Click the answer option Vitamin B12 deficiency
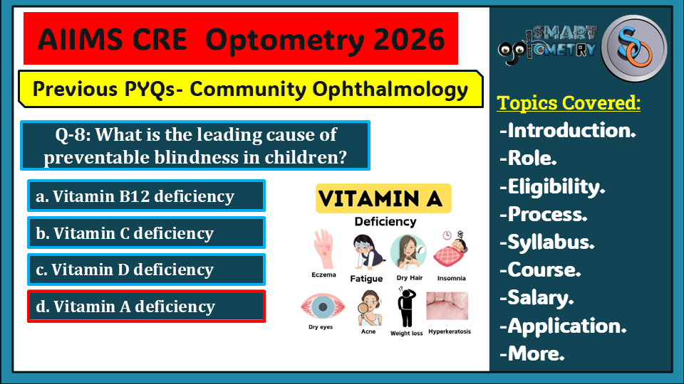coord(146,196)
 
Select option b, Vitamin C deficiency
coord(146,233)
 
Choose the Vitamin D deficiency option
coord(146,270)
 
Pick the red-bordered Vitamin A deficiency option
coord(146,306)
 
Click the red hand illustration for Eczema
coord(323,247)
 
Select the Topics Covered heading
coord(569,103)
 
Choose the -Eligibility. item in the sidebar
coord(552,186)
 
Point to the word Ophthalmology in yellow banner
coord(402,90)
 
